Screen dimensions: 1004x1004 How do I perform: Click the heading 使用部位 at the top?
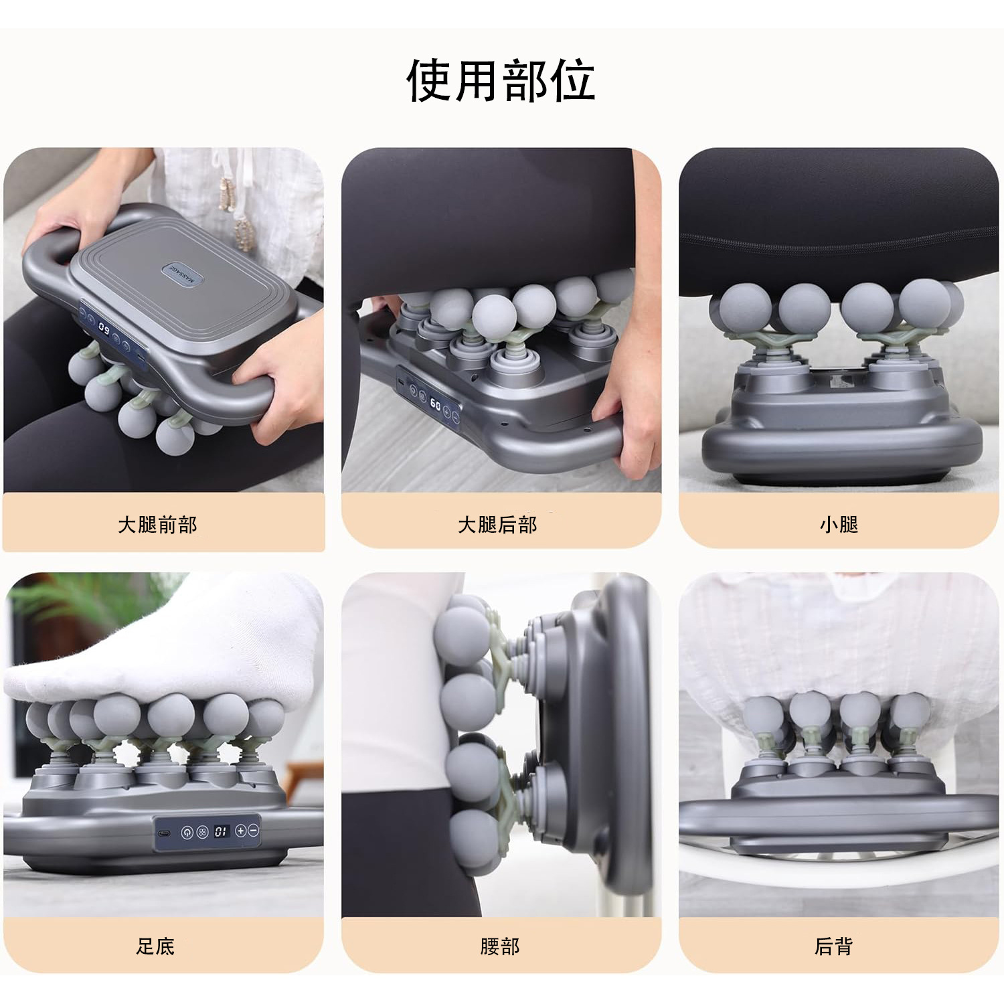[501, 80]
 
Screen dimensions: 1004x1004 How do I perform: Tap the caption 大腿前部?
[157, 525]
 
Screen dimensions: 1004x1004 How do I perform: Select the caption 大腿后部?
[497, 525]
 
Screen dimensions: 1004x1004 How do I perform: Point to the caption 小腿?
[839, 524]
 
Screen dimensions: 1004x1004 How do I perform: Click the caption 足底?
[155, 946]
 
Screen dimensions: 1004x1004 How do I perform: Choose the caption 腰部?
[499, 946]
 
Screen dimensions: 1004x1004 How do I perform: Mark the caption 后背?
[833, 946]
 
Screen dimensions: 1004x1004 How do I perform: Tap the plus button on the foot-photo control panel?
[241, 831]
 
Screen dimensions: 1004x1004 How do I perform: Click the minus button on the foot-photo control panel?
[253, 831]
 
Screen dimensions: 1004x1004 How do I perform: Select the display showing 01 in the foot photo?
[221, 831]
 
